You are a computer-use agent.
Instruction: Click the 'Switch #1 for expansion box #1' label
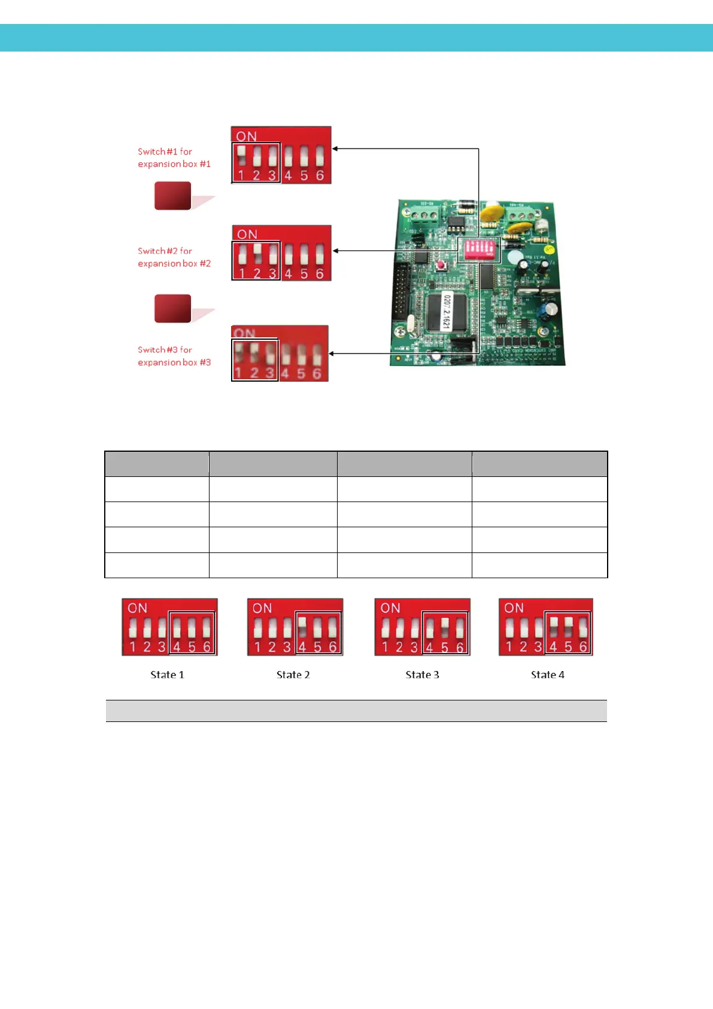(174, 158)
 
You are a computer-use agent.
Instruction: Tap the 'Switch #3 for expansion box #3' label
(174, 356)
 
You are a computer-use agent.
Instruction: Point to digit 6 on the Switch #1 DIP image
(320, 176)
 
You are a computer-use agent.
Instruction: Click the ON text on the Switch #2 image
(247, 234)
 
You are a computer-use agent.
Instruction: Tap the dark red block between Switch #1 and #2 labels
(173, 196)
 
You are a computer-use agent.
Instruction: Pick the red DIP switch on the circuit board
(479, 248)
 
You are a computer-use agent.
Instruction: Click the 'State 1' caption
(167, 675)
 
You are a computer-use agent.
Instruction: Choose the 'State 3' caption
(422, 675)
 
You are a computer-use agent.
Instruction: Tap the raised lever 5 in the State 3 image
(445, 625)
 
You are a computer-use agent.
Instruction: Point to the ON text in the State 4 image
(514, 608)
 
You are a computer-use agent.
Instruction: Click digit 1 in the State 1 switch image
(132, 647)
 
